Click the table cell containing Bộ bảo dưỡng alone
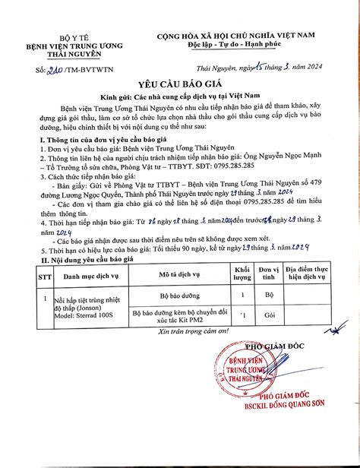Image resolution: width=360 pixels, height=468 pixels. (179, 293)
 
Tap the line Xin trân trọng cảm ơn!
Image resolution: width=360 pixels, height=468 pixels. (181, 332)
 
